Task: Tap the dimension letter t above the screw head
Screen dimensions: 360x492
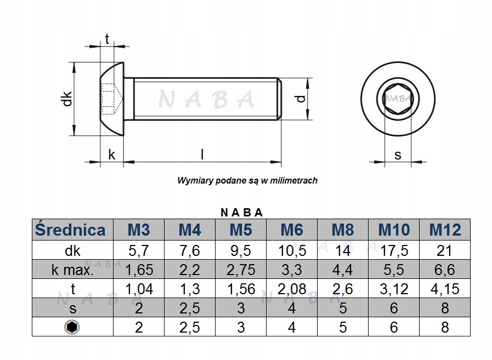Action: (107, 39)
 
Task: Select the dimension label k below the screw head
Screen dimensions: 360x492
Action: (111, 155)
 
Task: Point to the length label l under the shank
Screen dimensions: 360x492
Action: (202, 155)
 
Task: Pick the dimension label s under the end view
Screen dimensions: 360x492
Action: (398, 155)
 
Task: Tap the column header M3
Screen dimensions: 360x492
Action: (138, 229)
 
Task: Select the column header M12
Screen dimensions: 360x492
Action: (444, 229)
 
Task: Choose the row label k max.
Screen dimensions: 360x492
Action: (72, 270)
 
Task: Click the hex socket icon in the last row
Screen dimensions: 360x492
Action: (72, 327)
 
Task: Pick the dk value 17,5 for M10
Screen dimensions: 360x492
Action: (394, 251)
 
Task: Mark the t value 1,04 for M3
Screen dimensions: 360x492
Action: (138, 289)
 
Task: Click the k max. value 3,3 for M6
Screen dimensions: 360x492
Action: (292, 270)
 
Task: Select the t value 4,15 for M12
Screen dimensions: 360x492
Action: (444, 289)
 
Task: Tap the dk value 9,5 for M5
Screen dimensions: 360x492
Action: (241, 251)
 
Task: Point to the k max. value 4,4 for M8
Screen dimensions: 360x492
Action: (343, 270)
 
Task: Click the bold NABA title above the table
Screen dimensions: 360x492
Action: (241, 212)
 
